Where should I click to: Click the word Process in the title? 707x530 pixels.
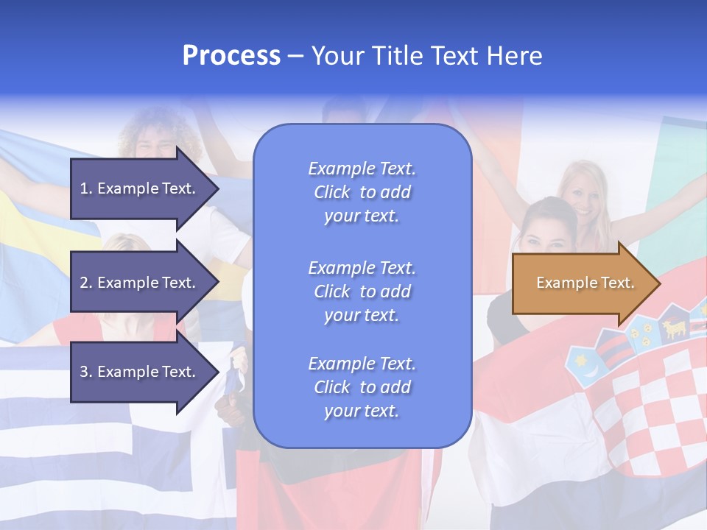(231, 56)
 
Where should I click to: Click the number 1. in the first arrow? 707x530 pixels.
(85, 188)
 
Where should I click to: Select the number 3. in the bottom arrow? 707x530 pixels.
(85, 372)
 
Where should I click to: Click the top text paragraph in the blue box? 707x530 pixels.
(362, 192)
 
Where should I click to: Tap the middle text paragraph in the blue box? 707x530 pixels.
(362, 291)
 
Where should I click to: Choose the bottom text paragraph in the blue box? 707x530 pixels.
(362, 387)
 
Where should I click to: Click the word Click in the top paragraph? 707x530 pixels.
(332, 192)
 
